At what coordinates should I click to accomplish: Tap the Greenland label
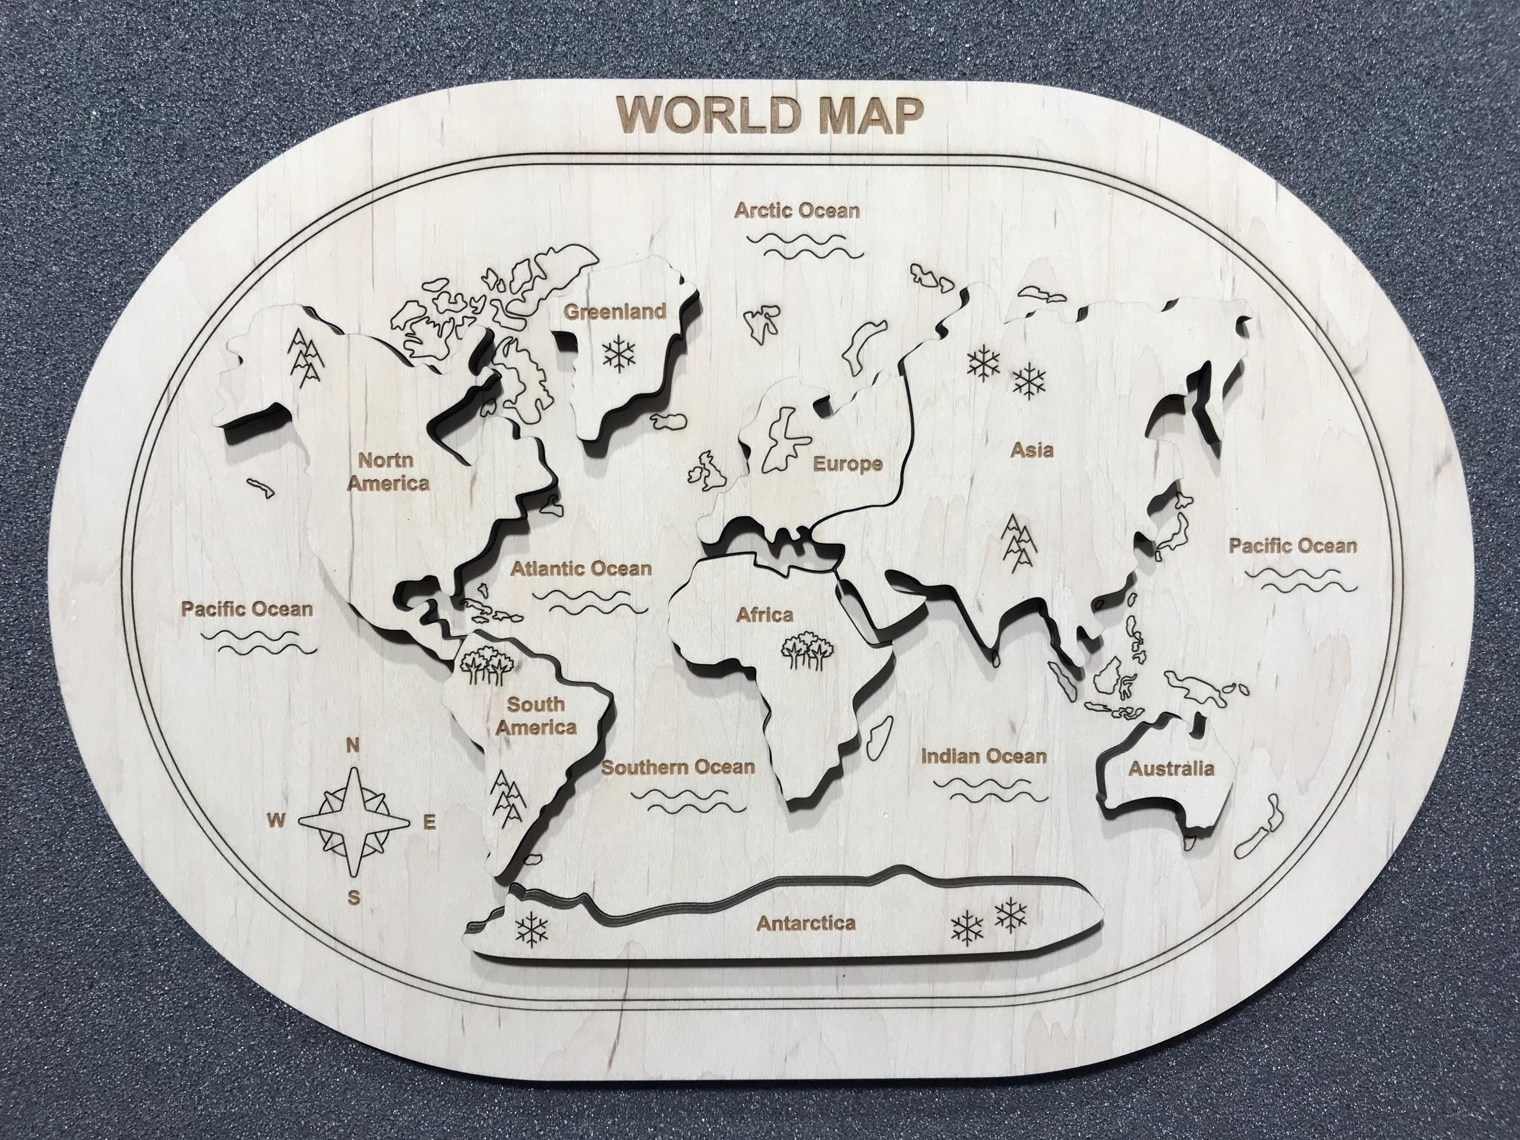point(615,311)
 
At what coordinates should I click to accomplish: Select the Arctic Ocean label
point(797,210)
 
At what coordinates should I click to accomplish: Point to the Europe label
point(847,465)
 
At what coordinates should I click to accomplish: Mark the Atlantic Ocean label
point(581,568)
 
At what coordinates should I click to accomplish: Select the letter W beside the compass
point(276,819)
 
